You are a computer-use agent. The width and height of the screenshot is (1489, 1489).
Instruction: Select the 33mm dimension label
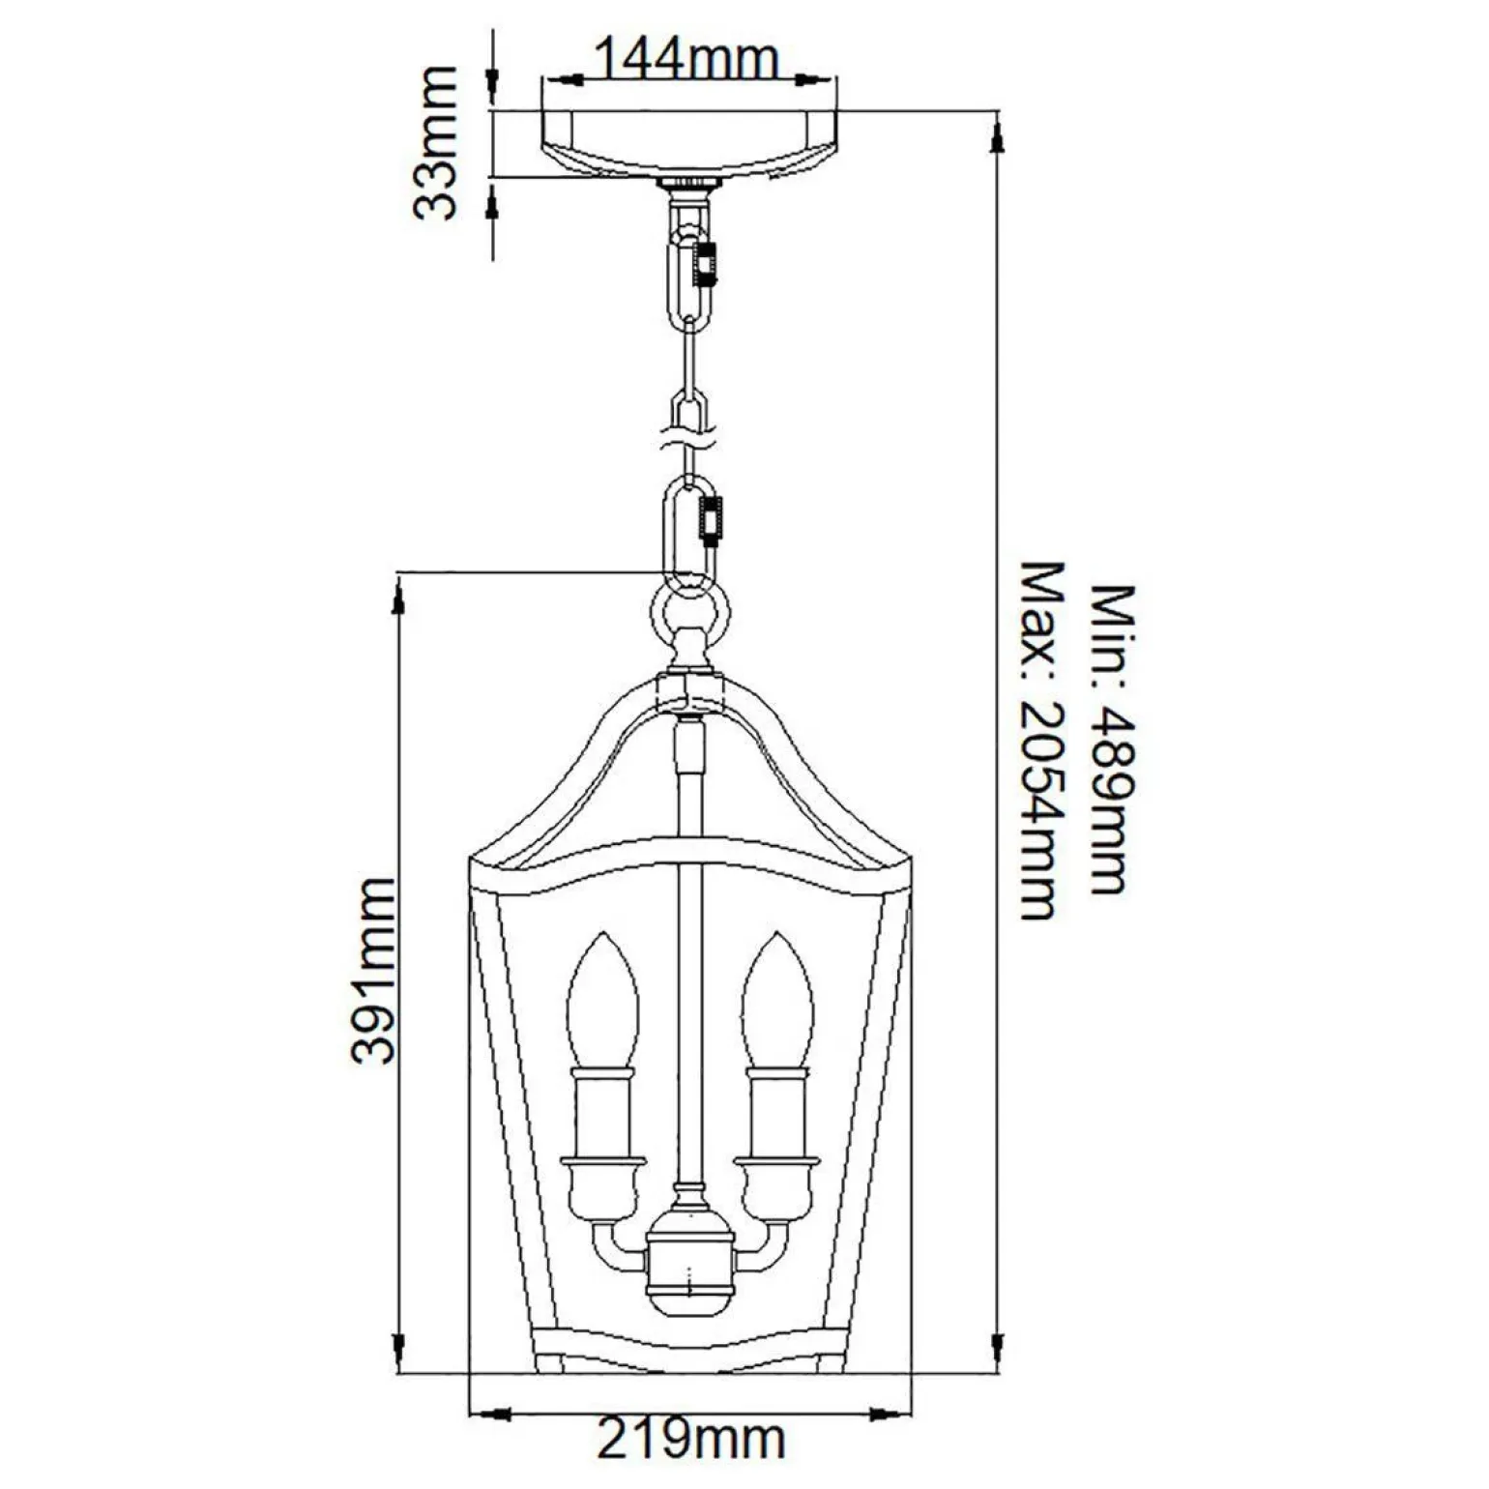(433, 143)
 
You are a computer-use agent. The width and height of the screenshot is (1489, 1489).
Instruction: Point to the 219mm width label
(690, 1441)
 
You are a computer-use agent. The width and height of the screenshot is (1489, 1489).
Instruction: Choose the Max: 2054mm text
(1040, 740)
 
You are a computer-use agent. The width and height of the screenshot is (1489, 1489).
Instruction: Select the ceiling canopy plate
(690, 143)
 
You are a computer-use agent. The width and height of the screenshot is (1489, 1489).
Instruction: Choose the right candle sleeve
(775, 1112)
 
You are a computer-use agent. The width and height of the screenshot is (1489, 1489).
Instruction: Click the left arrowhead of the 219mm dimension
(483, 1414)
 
